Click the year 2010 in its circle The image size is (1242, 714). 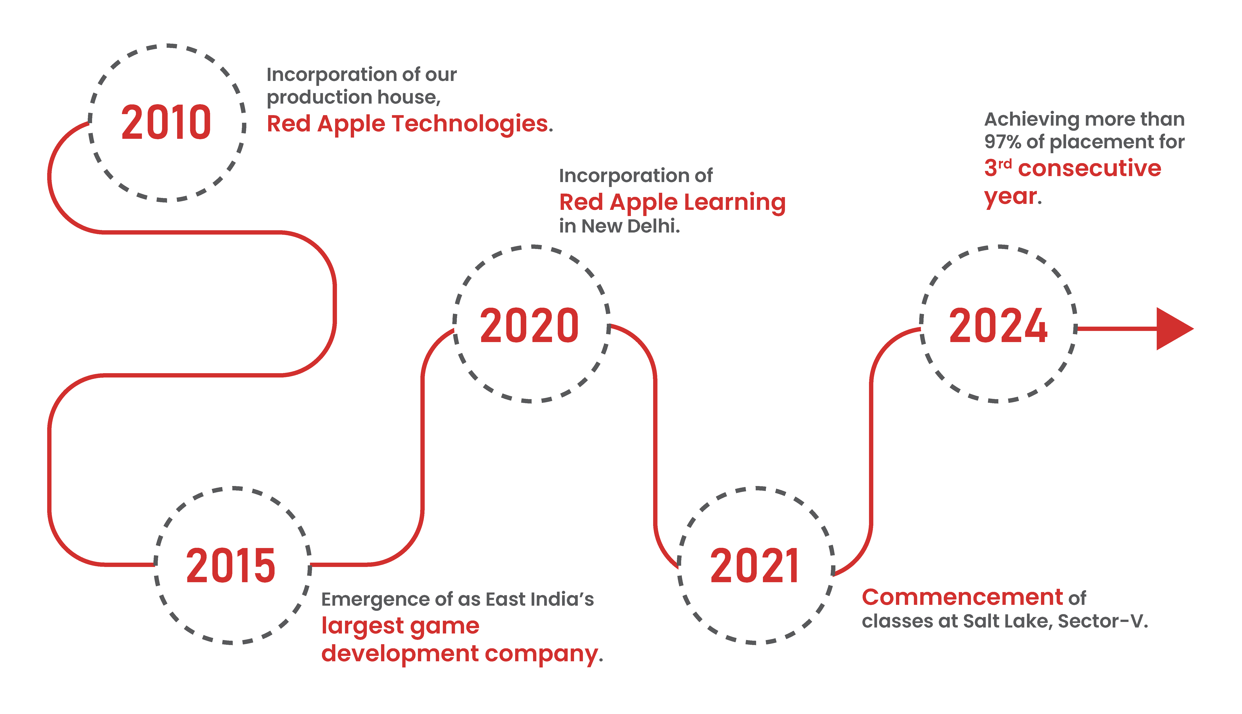166,123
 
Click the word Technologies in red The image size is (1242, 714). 470,124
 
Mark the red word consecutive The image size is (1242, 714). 1090,168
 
